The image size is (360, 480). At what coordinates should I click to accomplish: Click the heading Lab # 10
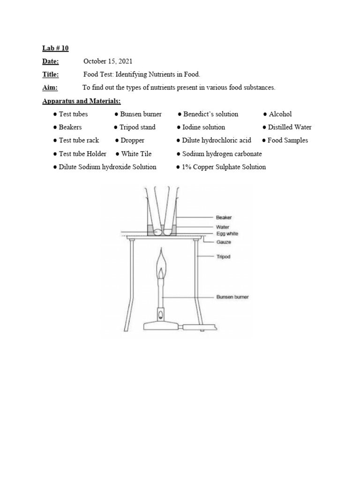pos(55,48)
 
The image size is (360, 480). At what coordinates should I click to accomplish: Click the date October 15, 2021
pos(108,61)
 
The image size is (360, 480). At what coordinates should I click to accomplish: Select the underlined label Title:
pos(51,74)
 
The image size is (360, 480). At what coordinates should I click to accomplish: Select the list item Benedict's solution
pos(210,114)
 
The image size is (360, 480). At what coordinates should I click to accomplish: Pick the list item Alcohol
pos(280,114)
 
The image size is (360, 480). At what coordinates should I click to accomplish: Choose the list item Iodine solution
pos(203,127)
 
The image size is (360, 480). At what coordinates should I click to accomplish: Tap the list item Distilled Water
pos(289,127)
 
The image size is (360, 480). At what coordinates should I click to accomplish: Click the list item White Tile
pos(136,153)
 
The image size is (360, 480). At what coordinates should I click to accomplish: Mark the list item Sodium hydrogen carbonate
pos(222,153)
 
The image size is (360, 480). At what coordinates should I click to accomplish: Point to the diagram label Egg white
pos(227,233)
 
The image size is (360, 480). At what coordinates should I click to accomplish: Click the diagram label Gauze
pos(223,242)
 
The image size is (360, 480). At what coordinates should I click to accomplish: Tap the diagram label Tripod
pos(224,257)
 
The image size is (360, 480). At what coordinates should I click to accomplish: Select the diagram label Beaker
pos(224,217)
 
